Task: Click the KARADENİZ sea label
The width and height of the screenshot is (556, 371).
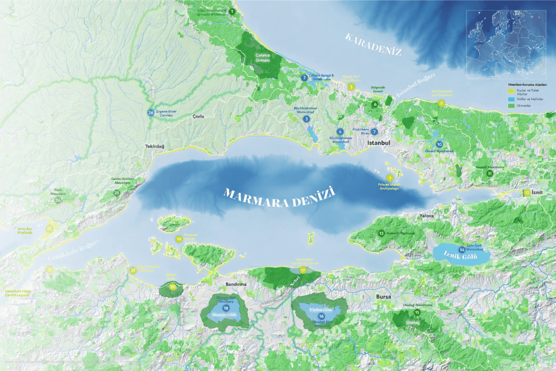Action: [x=374, y=45]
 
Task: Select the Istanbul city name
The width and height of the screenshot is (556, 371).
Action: [x=380, y=143]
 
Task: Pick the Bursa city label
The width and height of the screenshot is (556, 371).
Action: [x=383, y=297]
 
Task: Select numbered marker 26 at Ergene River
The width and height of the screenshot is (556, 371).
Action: [x=150, y=112]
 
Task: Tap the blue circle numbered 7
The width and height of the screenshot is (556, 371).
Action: [x=374, y=132]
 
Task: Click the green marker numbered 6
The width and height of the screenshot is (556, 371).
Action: [x=375, y=104]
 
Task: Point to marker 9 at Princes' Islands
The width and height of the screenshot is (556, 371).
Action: [x=390, y=178]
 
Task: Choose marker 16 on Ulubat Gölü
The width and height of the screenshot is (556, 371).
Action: [x=321, y=316]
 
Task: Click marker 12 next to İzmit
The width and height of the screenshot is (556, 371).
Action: [x=527, y=192]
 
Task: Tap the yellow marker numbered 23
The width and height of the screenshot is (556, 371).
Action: [x=49, y=229]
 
